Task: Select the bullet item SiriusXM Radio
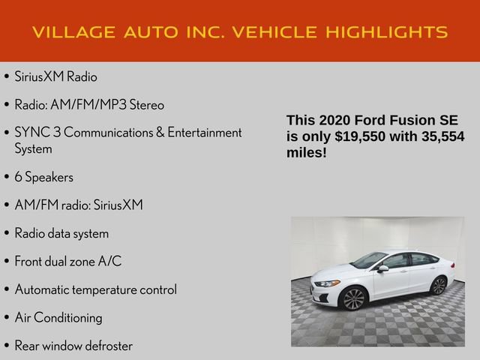55,76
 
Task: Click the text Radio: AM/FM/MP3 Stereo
89,104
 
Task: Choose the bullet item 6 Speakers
44,177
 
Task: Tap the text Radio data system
61,233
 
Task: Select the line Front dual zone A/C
67,261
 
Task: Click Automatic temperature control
96,289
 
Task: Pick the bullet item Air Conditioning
58,317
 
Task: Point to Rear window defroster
73,346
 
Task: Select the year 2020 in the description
333,121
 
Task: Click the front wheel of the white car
353,298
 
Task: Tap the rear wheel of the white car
439,285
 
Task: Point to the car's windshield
370,260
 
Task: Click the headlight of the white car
328,283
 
